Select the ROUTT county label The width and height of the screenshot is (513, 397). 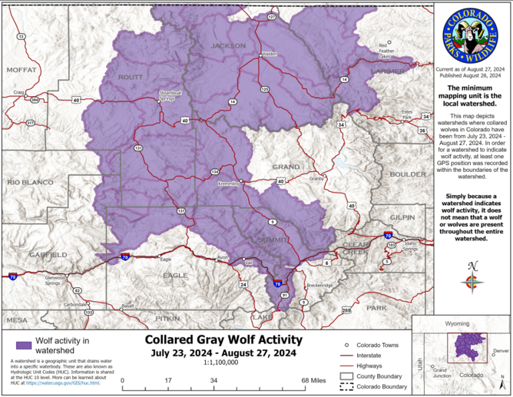[x=130, y=77]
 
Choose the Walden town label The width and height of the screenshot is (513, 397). [x=269, y=53]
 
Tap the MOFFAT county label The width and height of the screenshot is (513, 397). [x=21, y=70]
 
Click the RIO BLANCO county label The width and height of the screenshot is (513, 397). [x=30, y=182]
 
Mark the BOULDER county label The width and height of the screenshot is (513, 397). [x=407, y=174]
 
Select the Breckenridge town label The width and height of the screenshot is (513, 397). [x=319, y=285]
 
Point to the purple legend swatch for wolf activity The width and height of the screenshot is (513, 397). [x=24, y=345]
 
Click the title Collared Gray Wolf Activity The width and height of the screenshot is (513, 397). [x=224, y=340]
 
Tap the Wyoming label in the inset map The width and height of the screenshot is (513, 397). [x=458, y=323]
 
